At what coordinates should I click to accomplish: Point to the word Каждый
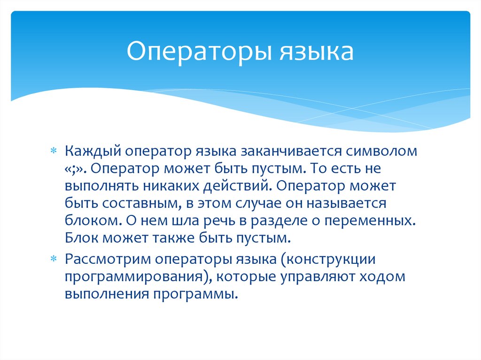tap(94, 151)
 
